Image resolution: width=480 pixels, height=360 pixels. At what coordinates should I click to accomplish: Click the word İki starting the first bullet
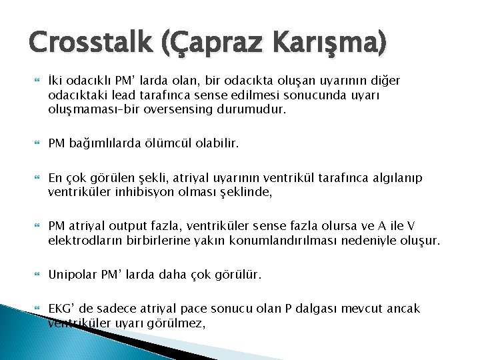(57, 81)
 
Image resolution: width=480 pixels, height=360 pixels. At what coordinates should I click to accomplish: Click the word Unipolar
(71, 275)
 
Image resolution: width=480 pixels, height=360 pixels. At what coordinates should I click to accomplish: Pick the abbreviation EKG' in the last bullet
(61, 309)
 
